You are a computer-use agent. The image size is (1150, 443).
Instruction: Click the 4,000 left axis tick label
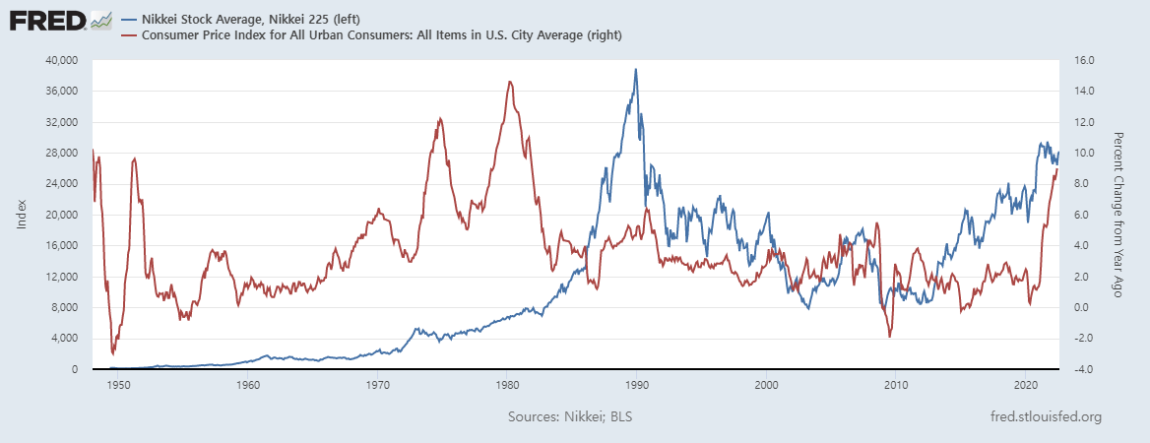click(64, 339)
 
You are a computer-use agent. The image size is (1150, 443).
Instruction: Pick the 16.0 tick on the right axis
click(1080, 60)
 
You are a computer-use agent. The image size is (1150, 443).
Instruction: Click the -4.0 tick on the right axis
click(1080, 369)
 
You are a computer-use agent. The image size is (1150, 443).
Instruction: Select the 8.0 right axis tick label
click(1077, 184)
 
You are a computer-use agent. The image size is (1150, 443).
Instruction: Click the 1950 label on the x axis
click(117, 386)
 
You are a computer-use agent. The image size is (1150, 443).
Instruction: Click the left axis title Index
click(21, 215)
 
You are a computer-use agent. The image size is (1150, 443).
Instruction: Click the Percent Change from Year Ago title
click(1118, 215)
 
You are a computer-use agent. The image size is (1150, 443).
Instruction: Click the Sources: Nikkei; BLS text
click(570, 417)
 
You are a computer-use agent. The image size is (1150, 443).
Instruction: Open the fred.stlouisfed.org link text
click(1046, 417)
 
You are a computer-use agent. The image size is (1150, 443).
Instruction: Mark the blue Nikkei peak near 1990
click(636, 70)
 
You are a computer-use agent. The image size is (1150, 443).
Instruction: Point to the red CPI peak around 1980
click(509, 82)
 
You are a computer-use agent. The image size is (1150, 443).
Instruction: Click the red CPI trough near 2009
click(890, 337)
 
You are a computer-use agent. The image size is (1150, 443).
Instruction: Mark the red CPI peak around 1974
click(439, 118)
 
